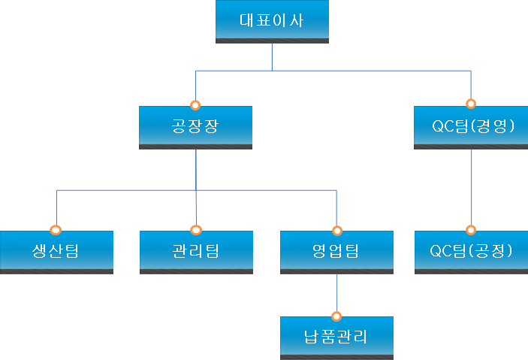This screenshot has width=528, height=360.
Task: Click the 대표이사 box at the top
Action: pyautogui.click(x=272, y=21)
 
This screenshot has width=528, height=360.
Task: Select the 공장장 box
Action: pyautogui.click(x=195, y=127)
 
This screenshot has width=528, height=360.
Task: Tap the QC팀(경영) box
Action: pyautogui.click(x=471, y=127)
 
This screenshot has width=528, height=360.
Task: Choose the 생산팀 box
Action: pyautogui.click(x=56, y=251)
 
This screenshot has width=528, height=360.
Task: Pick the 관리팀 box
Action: pyautogui.click(x=196, y=251)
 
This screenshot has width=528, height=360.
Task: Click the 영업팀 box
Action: pyautogui.click(x=336, y=251)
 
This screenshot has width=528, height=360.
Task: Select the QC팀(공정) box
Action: pyautogui.click(x=471, y=251)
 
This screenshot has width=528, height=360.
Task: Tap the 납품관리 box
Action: pyautogui.click(x=336, y=337)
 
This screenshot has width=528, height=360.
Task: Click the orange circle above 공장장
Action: pyautogui.click(x=195, y=104)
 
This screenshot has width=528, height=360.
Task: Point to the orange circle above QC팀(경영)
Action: pyautogui.click(x=471, y=104)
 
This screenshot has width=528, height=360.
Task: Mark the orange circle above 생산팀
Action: pyautogui.click(x=56, y=229)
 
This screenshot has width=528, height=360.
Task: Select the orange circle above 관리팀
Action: pyautogui.click(x=196, y=229)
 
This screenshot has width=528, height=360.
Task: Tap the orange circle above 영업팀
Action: pyautogui.click(x=336, y=229)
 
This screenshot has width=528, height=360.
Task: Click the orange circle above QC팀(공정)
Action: pyautogui.click(x=471, y=229)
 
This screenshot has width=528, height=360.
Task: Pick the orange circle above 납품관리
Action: pyautogui.click(x=336, y=316)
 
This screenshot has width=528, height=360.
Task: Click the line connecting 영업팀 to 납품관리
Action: pyautogui.click(x=336, y=293)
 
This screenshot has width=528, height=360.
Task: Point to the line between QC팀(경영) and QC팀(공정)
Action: pyautogui.click(x=471, y=188)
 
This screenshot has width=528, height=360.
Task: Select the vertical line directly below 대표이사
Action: pyautogui.click(x=272, y=56)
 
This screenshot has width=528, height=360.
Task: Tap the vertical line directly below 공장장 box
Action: pyautogui.click(x=196, y=169)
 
